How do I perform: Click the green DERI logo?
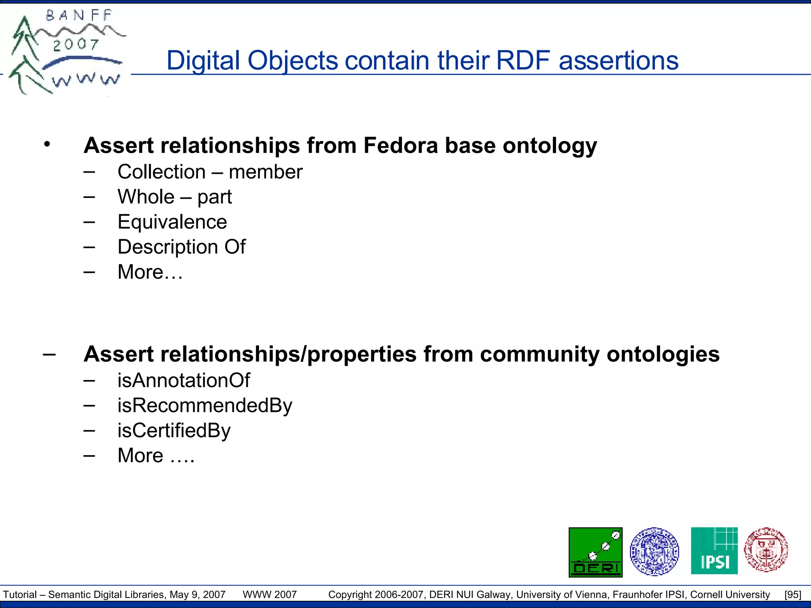(595, 552)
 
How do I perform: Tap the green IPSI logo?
(714, 551)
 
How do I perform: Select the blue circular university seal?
(654, 551)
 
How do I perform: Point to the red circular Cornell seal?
(766, 550)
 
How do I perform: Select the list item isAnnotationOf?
(184, 380)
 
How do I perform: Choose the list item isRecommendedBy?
(205, 406)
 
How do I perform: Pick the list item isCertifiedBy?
(174, 431)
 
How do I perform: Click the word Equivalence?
(172, 222)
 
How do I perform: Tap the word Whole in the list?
(146, 197)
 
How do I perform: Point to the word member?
(265, 172)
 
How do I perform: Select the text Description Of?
(181, 247)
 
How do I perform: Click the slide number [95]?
(793, 595)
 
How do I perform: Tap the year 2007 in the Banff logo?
(76, 44)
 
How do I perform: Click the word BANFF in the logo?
(79, 16)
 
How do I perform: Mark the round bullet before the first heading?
(47, 144)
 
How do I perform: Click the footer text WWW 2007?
(270, 595)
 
